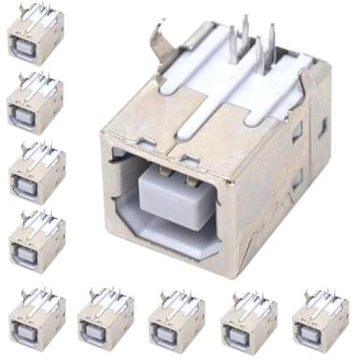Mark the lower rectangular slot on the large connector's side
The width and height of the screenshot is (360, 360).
coord(298,178)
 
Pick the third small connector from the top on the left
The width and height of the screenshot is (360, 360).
coord(36,172)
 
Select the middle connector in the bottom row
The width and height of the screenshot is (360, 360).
coord(178,322)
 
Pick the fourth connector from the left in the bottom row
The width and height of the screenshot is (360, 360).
coord(250,322)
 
